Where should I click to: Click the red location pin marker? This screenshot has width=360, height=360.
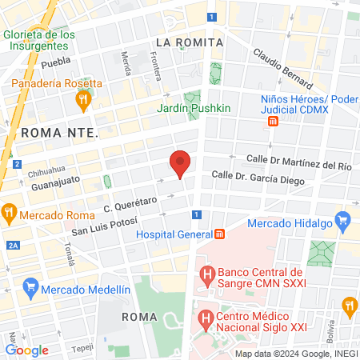click(x=181, y=164)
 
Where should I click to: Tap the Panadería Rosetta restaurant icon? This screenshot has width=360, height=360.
click(x=82, y=99)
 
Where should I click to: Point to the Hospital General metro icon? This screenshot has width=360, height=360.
click(x=219, y=234)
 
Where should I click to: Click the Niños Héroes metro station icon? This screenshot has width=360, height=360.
click(x=273, y=121)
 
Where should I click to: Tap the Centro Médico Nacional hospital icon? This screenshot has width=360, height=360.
click(x=206, y=318)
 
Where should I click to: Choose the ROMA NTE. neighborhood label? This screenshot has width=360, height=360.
click(x=59, y=132)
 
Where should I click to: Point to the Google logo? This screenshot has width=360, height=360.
click(x=27, y=350)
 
